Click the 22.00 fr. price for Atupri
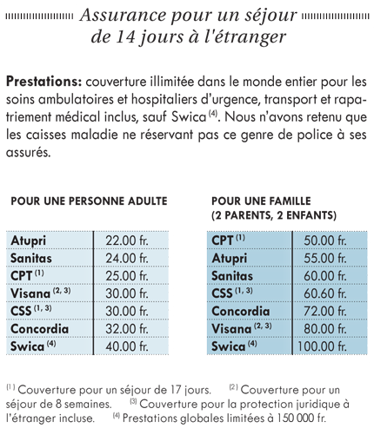(127, 241)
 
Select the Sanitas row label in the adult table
(31, 258)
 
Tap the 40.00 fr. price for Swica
(127, 346)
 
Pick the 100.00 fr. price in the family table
(322, 346)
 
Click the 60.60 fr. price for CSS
(325, 293)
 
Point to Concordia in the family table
(241, 311)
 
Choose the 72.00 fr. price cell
(325, 311)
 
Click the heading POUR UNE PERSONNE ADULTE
(89, 201)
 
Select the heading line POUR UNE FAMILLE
(261, 201)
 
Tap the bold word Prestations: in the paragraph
(43, 82)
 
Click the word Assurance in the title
(124, 15)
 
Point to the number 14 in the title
(125, 36)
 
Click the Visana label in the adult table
(30, 293)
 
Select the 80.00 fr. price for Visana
(325, 329)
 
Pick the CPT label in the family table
(223, 241)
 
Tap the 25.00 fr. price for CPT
(127, 276)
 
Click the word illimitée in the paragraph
(171, 82)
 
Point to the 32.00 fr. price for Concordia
(127, 329)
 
